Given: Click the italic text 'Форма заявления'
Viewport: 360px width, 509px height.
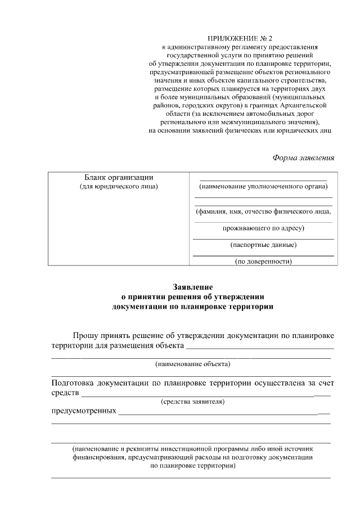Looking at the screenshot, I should (x=303, y=157).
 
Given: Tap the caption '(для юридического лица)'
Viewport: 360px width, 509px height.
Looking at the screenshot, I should (x=119, y=186).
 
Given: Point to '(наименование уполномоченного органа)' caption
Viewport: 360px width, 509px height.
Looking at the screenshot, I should (x=263, y=187).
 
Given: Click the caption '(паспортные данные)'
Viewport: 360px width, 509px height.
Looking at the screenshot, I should (x=263, y=245).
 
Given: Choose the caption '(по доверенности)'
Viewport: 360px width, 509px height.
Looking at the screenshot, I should (x=263, y=261).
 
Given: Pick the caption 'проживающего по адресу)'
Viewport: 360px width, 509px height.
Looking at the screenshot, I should (x=263, y=228).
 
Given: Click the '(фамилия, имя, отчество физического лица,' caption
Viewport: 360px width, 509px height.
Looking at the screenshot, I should (x=263, y=212).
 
